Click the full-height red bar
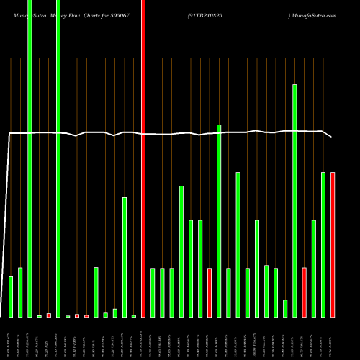[x=143, y=158]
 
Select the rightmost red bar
[x=333, y=245]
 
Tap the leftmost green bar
[x=11, y=297]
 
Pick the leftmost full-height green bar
[x=30, y=158]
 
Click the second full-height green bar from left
[x=58, y=158]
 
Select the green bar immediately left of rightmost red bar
[x=323, y=245]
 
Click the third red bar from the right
[x=210, y=292]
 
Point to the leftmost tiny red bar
[x=49, y=315]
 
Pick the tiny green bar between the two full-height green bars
[x=40, y=316]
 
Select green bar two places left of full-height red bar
[x=125, y=257]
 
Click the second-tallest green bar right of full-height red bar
[x=219, y=220]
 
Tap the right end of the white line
[x=332, y=137]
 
